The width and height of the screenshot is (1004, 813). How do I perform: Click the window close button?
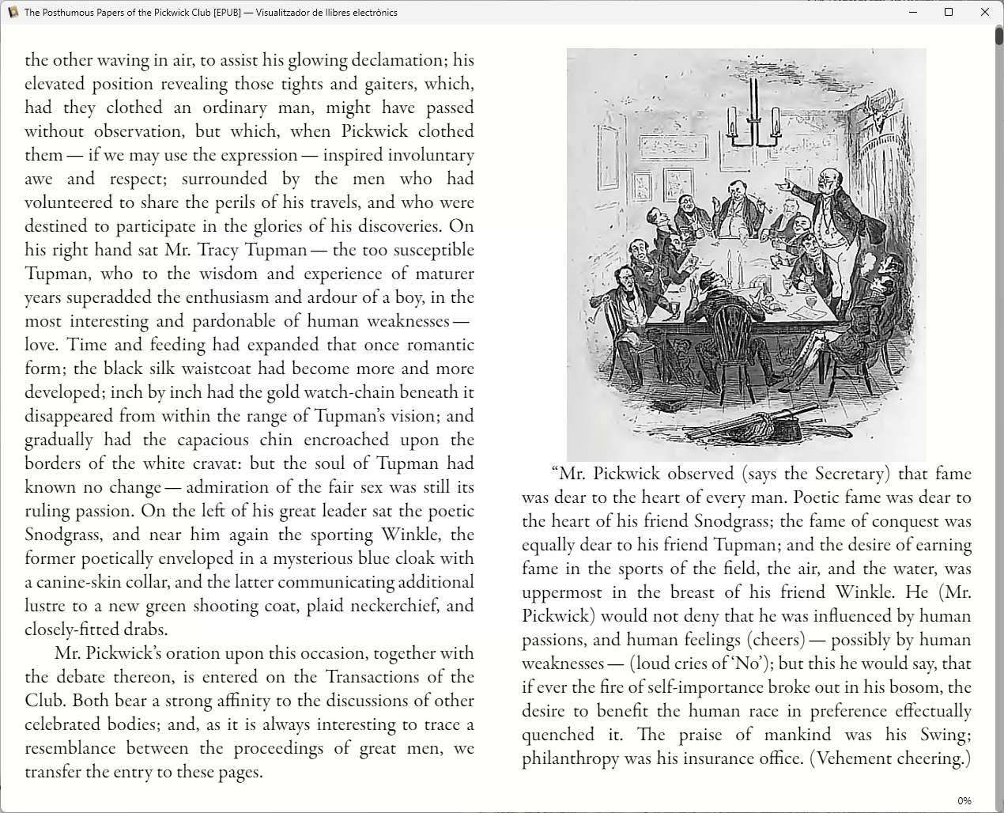tap(984, 12)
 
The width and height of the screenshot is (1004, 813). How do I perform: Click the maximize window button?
tap(949, 12)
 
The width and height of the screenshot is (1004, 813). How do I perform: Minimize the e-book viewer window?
tap(912, 12)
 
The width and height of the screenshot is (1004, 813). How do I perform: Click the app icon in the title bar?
tap(13, 12)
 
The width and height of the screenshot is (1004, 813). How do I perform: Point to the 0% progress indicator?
tap(964, 800)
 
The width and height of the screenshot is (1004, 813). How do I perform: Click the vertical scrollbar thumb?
tap(999, 36)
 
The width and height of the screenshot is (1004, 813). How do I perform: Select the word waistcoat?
tap(224, 369)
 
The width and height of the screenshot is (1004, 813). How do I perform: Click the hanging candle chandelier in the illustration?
tap(752, 119)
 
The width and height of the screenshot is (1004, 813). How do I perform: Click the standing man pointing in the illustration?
tap(828, 214)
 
